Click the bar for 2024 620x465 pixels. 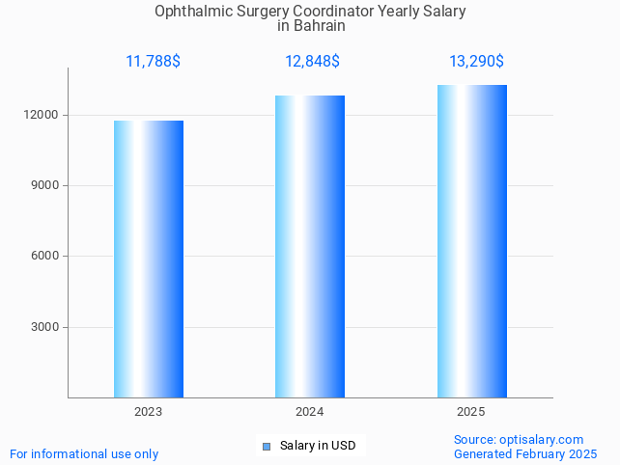[x=310, y=246]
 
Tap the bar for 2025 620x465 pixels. [x=471, y=241]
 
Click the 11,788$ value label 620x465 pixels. [x=153, y=62]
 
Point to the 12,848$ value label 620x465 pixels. [x=312, y=62]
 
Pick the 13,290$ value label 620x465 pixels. [x=476, y=62]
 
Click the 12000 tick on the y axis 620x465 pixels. [x=43, y=115]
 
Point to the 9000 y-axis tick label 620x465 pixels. [x=46, y=185]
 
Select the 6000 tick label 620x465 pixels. [x=46, y=257]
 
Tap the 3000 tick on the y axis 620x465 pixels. [x=46, y=327]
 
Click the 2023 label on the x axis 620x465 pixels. [x=149, y=412]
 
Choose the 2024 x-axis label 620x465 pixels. [x=310, y=412]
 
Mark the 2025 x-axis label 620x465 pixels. [x=471, y=412]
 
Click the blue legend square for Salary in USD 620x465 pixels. [x=267, y=446]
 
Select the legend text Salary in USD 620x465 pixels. [x=318, y=446]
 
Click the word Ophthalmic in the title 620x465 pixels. [x=189, y=12]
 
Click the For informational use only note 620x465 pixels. [x=84, y=453]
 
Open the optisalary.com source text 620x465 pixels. [x=541, y=439]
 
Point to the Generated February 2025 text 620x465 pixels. [x=525, y=453]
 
